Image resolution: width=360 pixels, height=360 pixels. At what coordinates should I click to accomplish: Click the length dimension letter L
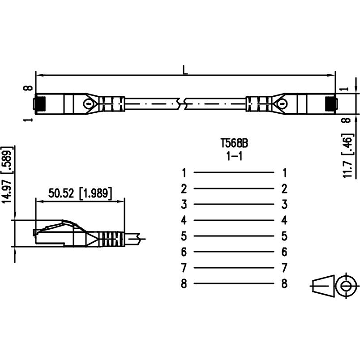click(x=185, y=70)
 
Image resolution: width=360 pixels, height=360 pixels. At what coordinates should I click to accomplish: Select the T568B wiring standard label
click(x=234, y=144)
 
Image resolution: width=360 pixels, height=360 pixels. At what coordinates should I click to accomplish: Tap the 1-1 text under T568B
click(x=234, y=156)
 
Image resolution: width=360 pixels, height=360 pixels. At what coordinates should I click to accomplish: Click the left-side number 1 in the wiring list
click(x=184, y=172)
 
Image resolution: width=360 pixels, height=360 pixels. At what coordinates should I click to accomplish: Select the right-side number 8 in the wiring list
click(x=284, y=284)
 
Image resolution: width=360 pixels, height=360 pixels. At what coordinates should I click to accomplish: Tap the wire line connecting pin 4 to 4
click(x=234, y=220)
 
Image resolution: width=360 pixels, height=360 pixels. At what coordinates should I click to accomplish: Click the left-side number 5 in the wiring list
click(x=184, y=236)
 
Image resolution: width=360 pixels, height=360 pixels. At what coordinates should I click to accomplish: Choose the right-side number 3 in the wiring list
click(x=284, y=205)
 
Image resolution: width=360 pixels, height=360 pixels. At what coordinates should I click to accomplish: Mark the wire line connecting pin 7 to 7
click(x=234, y=268)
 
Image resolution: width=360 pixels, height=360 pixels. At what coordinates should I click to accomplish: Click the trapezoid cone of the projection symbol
click(x=323, y=285)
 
